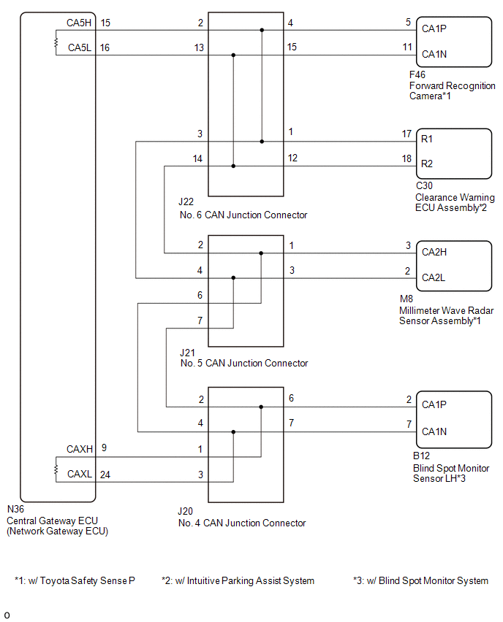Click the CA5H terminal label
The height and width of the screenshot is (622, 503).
pyautogui.click(x=78, y=23)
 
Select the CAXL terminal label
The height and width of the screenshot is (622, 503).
pyautogui.click(x=80, y=475)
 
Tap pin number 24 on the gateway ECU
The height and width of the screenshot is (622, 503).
pyautogui.click(x=105, y=474)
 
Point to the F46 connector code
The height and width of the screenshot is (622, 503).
pyautogui.click(x=417, y=74)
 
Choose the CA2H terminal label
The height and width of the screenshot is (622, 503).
pyautogui.click(x=434, y=252)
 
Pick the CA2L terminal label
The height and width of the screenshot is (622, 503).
pyautogui.click(x=434, y=278)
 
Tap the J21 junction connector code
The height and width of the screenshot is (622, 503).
pyautogui.click(x=187, y=352)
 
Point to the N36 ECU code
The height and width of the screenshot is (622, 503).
pyautogui.click(x=15, y=509)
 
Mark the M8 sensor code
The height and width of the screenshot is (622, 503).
pyautogui.click(x=406, y=299)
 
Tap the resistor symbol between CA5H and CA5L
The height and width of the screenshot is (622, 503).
pyautogui.click(x=56, y=43)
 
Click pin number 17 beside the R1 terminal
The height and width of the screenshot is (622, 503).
pyautogui.click(x=407, y=134)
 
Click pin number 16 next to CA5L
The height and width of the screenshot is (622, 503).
pyautogui.click(x=105, y=47)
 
